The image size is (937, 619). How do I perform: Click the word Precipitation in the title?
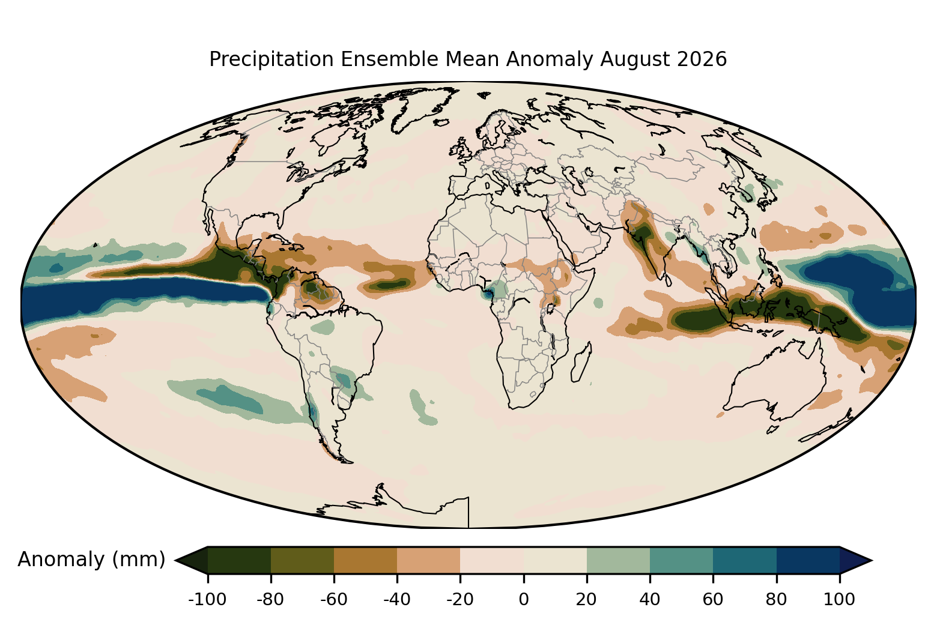point(271,59)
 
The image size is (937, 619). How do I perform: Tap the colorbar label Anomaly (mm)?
point(92,560)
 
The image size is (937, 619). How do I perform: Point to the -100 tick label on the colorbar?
point(207,600)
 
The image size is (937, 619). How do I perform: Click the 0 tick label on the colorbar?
point(524,600)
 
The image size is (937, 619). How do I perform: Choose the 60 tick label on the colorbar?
point(713,600)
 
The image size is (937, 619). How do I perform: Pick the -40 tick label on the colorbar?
point(397,600)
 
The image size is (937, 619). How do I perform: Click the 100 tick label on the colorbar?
point(840,600)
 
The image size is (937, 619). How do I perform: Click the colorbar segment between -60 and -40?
point(366,560)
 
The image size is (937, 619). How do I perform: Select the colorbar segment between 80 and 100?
point(808,560)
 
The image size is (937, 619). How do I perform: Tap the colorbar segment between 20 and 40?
point(618,560)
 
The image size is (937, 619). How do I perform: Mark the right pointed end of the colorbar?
point(871,560)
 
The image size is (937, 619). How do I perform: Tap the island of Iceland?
point(442,122)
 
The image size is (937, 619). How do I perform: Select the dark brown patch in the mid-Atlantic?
point(388,285)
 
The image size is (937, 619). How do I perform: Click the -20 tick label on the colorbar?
point(460,600)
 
